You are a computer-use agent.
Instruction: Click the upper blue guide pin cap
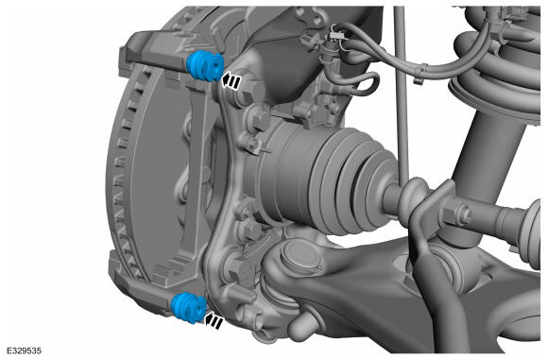pos(205,66)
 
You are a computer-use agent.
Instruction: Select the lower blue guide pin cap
pos(189,308)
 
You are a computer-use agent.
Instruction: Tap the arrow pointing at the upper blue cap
pos(231,81)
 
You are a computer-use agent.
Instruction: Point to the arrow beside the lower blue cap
pos(214,320)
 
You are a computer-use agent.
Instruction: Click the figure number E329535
pos(25,351)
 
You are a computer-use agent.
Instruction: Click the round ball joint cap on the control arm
pos(300,256)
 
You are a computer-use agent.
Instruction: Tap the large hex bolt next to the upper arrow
pos(248,91)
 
